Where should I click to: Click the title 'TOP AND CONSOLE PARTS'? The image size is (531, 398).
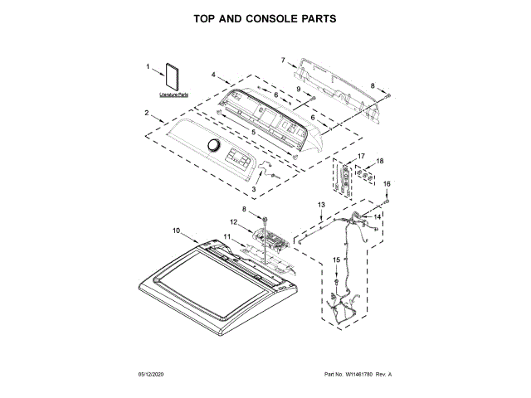click(x=265, y=17)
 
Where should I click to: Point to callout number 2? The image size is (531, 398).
click(x=147, y=113)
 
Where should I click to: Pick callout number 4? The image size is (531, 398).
click(x=213, y=75)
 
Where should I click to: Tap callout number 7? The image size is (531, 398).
click(x=282, y=60)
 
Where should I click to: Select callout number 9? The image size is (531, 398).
click(x=298, y=90)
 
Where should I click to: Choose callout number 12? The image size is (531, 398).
click(x=234, y=222)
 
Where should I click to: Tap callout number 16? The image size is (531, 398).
click(x=385, y=183)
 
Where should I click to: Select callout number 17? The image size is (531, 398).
click(x=361, y=156)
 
